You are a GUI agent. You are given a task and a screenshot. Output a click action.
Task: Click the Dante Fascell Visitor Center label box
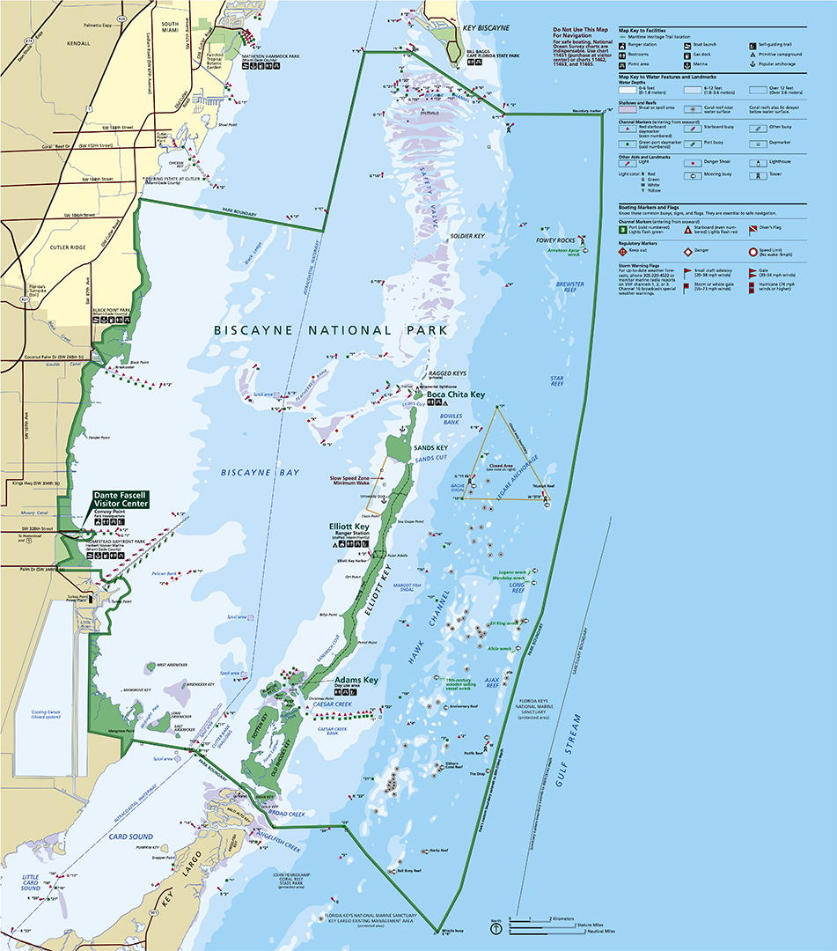(121, 499)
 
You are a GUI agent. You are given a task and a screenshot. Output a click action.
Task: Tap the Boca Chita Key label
(456, 394)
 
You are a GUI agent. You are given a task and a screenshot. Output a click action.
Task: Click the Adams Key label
(356, 681)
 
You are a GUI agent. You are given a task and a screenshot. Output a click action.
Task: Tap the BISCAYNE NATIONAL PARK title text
(331, 330)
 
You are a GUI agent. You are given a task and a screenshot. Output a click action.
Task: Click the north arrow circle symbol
(497, 927)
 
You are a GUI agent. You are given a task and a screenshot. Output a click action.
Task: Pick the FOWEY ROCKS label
(555, 240)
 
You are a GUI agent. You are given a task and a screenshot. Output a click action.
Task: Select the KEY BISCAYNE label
(486, 28)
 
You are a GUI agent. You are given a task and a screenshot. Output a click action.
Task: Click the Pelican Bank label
(166, 573)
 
